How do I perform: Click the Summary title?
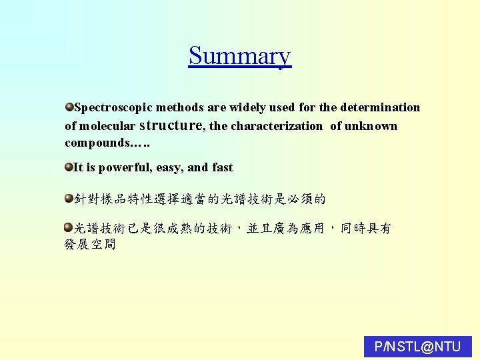[x=239, y=55]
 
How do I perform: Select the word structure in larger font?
[x=172, y=125]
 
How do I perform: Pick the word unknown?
[x=371, y=126]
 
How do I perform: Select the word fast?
[x=222, y=167]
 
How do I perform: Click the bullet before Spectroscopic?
[x=69, y=107]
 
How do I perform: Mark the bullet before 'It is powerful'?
[x=69, y=167]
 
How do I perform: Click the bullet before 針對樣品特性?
[x=69, y=198]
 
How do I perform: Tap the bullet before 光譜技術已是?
[x=69, y=228]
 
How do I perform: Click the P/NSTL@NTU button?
[x=418, y=347]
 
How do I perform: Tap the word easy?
[x=170, y=167]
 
